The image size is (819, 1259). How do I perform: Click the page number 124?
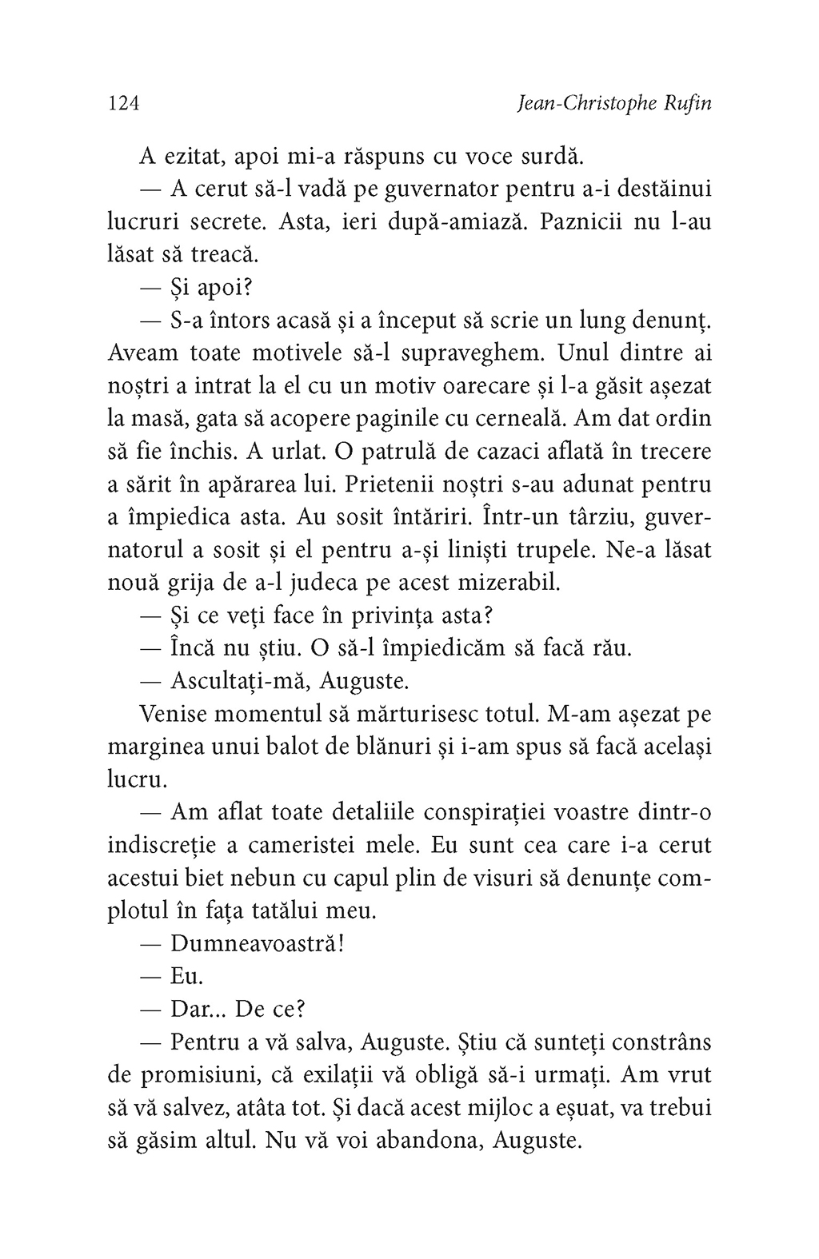tap(124, 104)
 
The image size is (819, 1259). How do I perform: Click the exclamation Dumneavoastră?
tap(258, 943)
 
